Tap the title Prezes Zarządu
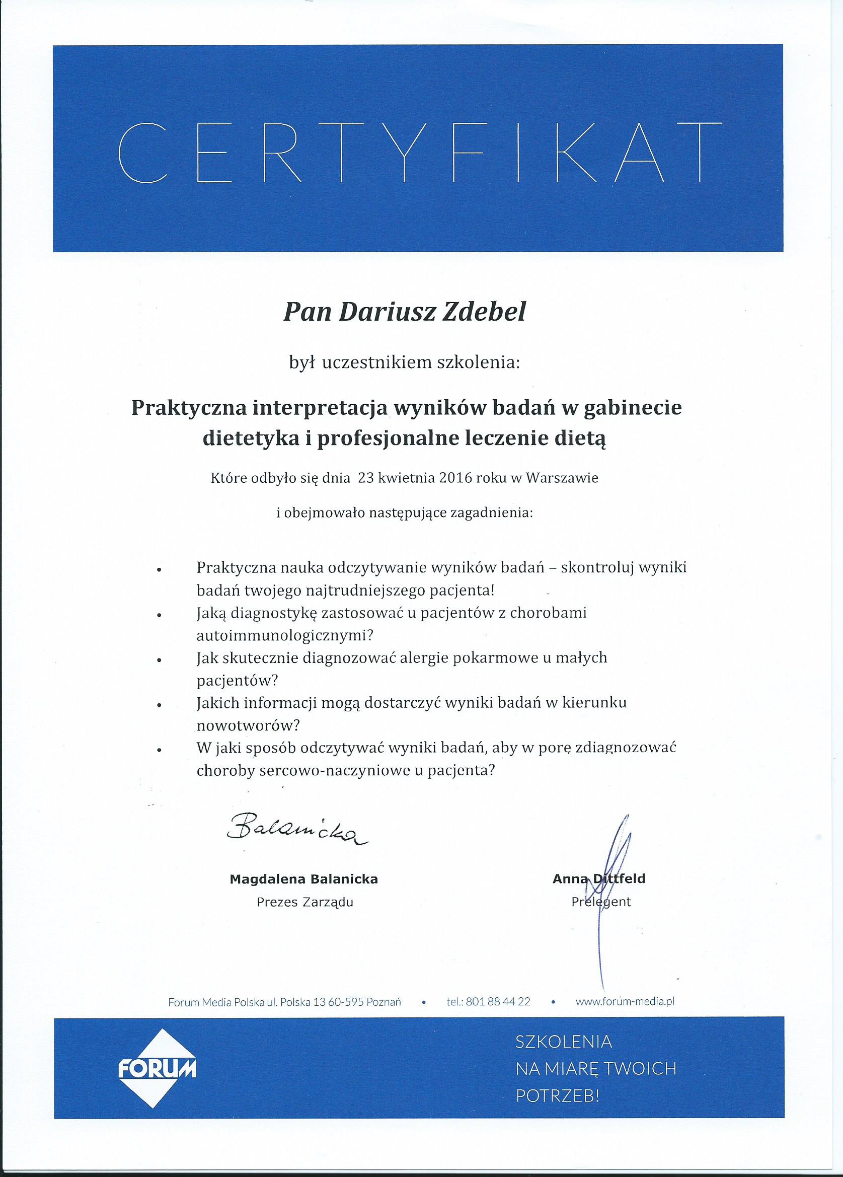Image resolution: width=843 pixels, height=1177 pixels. click(304, 903)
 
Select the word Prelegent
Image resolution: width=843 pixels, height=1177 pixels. click(601, 902)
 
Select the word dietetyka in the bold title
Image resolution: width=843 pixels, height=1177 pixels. click(252, 439)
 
